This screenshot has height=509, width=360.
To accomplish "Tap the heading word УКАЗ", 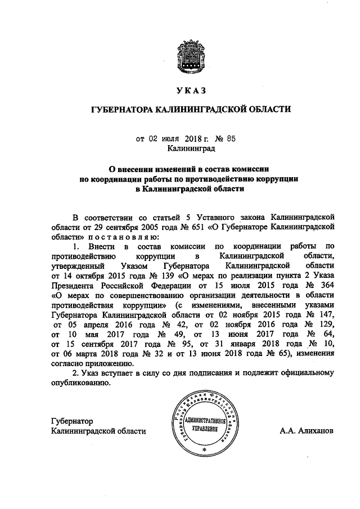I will pos(191,91).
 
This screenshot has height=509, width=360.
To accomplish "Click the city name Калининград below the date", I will pos(191,149).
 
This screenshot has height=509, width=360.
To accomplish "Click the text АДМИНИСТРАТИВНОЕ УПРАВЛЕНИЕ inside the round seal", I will pos(204,425).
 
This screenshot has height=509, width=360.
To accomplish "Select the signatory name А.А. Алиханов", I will pos(306,431).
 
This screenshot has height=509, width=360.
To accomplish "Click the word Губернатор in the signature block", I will pos(71,421).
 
